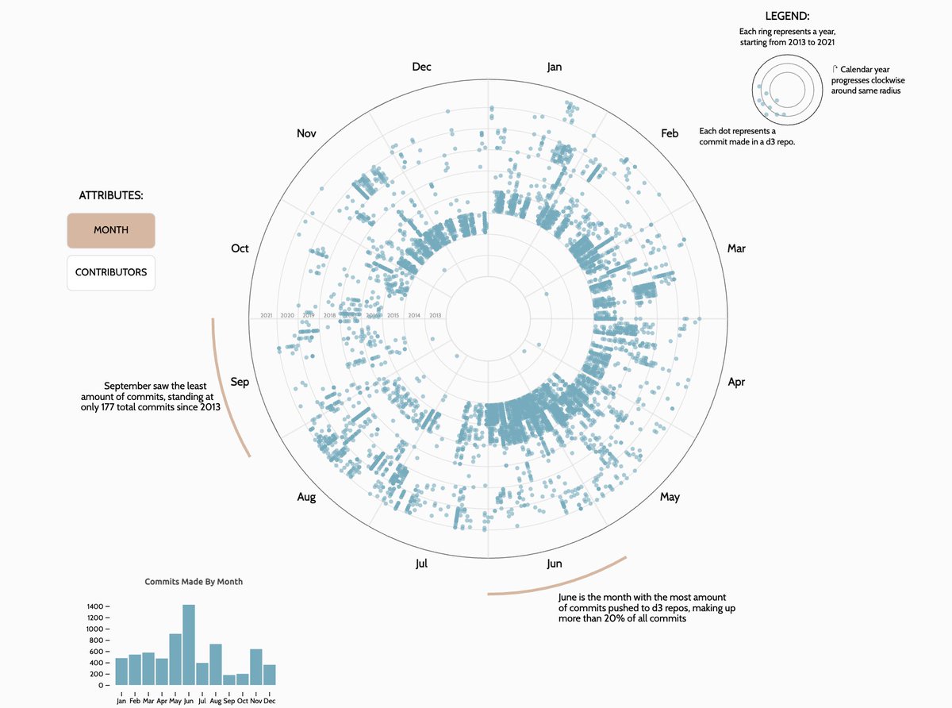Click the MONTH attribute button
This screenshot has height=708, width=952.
coord(111,230)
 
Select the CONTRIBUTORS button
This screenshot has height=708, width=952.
coord(111,272)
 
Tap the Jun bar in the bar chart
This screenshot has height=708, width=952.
coord(189,645)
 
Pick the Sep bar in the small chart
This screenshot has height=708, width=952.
coord(229,679)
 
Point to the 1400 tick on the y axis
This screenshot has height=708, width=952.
coord(95,606)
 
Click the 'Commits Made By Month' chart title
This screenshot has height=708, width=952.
coord(194,582)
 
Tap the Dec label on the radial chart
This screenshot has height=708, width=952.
coord(421,67)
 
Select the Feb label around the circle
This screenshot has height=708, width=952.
coord(670,133)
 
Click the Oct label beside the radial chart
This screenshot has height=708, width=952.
coord(240,248)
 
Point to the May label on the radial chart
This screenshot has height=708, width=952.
coord(670,497)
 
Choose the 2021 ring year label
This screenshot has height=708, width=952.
coord(266,316)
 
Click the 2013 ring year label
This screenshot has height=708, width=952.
coord(435,316)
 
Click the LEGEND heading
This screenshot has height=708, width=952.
coord(787,16)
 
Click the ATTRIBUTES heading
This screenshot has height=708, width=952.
coord(111,195)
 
